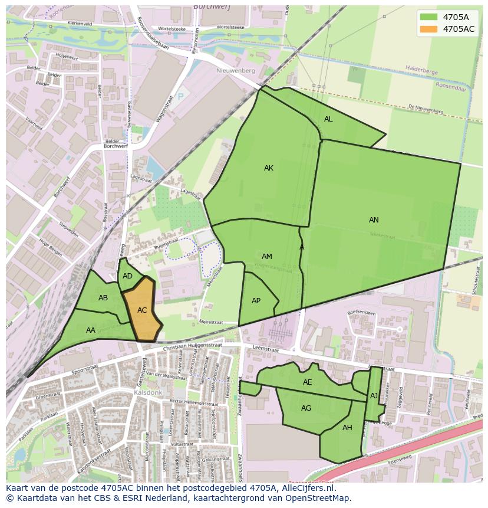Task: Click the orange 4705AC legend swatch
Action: coord(429,29)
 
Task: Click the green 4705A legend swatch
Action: coord(429,17)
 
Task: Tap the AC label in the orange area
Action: coord(142,310)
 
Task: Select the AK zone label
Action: coord(269,168)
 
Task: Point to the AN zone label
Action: coord(374,220)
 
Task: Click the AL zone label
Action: coord(328,119)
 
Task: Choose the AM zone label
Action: coord(267,257)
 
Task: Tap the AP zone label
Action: coord(256,301)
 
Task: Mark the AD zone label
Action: coord(127,276)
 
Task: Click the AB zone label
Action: coord(103,298)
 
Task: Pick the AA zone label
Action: coord(91,330)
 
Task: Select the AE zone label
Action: coord(307,382)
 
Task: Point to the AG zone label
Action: coord(306,408)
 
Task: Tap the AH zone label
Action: coord(347,428)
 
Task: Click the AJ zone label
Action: coord(374,396)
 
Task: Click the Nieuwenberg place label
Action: coord(235,71)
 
